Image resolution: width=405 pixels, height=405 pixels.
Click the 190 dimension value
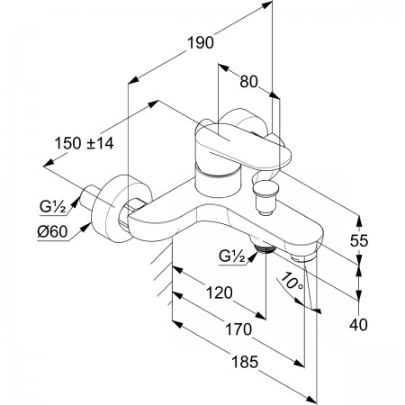(x=201, y=42)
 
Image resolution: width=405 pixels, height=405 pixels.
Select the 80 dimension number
(x=248, y=81)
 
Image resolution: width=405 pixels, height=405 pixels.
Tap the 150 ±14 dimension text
(x=84, y=143)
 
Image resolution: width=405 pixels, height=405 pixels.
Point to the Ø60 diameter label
(x=52, y=231)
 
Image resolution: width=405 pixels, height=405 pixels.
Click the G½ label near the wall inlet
(x=52, y=207)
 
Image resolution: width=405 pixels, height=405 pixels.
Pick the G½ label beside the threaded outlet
(x=232, y=256)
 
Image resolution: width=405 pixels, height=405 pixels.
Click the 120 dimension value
(x=219, y=292)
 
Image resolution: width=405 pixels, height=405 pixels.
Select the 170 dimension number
(x=238, y=329)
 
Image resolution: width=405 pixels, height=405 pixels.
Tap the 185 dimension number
(x=245, y=362)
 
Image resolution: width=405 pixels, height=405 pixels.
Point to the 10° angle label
(x=293, y=282)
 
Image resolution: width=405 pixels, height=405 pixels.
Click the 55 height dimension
(x=359, y=240)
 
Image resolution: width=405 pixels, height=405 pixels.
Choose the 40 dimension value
(x=358, y=325)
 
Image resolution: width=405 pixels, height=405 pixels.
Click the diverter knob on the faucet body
(x=265, y=197)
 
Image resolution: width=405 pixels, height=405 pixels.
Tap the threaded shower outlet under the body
(x=265, y=248)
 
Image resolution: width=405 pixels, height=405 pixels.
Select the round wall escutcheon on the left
(x=112, y=208)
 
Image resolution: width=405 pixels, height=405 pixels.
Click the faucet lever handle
(x=242, y=145)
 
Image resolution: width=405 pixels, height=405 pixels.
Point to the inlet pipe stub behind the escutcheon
(x=89, y=197)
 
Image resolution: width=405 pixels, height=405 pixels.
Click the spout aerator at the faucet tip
(x=303, y=257)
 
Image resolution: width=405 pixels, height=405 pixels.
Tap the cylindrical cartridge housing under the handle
(x=218, y=182)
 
